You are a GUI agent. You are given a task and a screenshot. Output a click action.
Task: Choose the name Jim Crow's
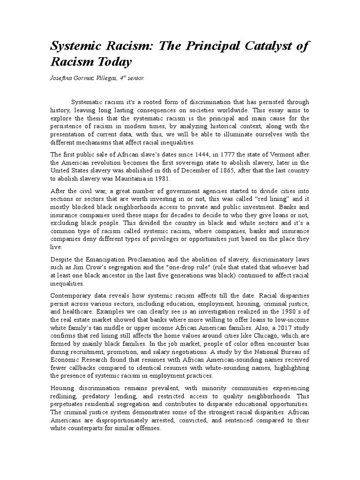point(85,268)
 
